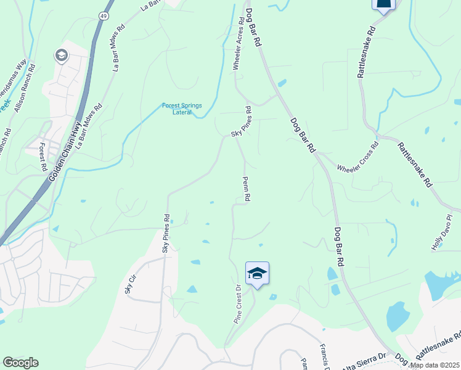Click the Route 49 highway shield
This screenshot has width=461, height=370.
101,14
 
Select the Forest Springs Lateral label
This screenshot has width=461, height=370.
182,109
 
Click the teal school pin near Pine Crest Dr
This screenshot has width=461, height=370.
257,274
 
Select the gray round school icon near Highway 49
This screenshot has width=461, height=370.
61,56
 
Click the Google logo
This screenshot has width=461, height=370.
20,363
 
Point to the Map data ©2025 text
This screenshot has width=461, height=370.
434,365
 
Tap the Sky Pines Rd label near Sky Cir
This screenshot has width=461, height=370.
166,233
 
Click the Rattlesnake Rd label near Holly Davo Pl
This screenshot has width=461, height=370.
415,165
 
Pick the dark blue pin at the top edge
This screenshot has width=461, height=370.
383,5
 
